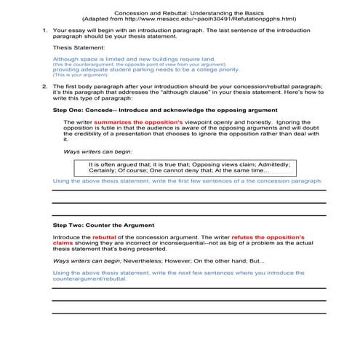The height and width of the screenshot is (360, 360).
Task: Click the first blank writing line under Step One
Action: coord(189,191)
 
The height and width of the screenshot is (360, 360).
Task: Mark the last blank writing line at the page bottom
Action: coord(189,313)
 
